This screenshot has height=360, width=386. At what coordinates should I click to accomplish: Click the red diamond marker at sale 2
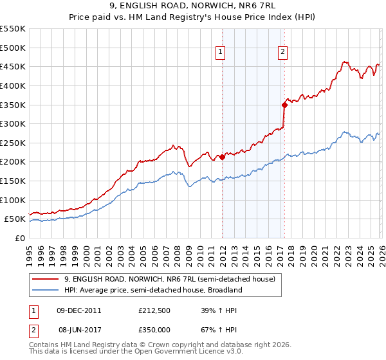(x=284, y=104)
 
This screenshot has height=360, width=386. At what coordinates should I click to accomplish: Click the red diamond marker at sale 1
(x=222, y=157)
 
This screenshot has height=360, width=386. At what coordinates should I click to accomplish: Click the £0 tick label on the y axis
(x=20, y=238)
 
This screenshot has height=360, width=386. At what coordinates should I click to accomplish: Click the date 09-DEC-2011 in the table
(x=78, y=310)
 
